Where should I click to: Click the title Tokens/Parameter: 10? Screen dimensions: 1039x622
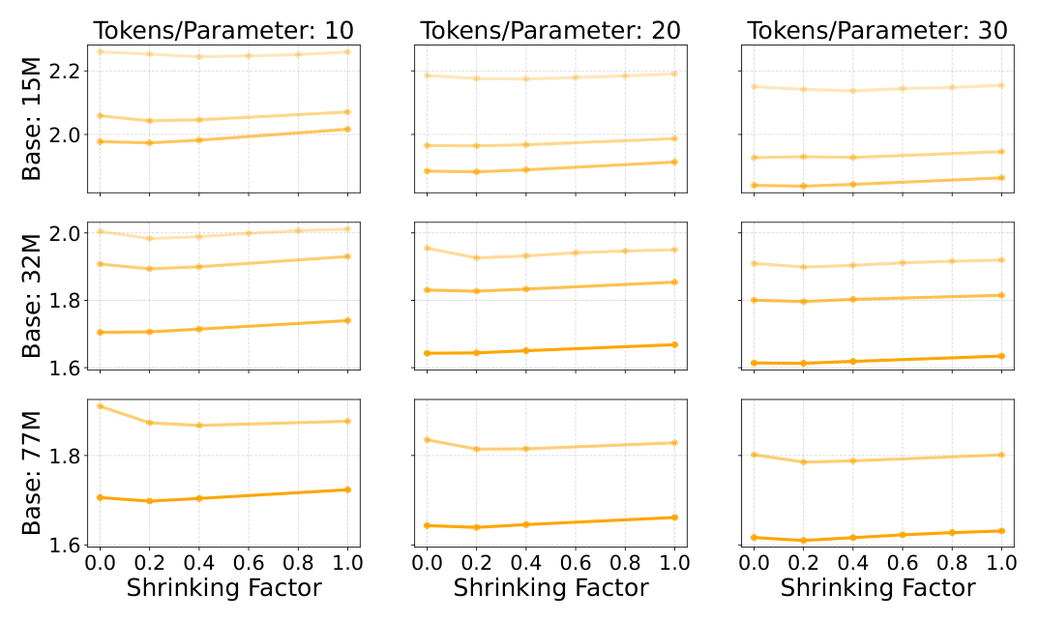(x=223, y=30)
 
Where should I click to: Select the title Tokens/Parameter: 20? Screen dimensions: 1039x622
(x=550, y=30)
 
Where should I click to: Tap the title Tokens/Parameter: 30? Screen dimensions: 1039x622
(x=877, y=30)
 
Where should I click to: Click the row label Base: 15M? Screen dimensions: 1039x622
(x=31, y=119)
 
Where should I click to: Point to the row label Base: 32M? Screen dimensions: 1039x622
(x=31, y=295)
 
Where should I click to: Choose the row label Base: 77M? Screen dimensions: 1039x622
(x=31, y=473)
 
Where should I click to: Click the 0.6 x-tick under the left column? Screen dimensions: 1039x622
(x=249, y=563)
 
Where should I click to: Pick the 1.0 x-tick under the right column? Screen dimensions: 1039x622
(x=1001, y=563)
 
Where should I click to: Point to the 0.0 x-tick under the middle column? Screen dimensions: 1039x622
(x=427, y=563)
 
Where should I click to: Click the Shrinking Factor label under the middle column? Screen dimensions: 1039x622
(x=550, y=588)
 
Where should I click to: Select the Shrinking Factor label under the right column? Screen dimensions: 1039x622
(x=877, y=588)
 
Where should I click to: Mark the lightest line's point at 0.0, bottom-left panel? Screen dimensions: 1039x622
(x=100, y=406)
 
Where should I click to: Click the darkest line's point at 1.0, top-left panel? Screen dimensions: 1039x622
(x=348, y=130)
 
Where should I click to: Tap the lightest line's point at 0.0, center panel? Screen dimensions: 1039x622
(x=427, y=249)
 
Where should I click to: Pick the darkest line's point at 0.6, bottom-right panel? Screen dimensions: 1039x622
(x=903, y=535)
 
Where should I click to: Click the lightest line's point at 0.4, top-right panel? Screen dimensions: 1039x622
(x=853, y=91)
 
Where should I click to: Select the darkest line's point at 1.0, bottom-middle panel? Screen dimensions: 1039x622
(x=674, y=518)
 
